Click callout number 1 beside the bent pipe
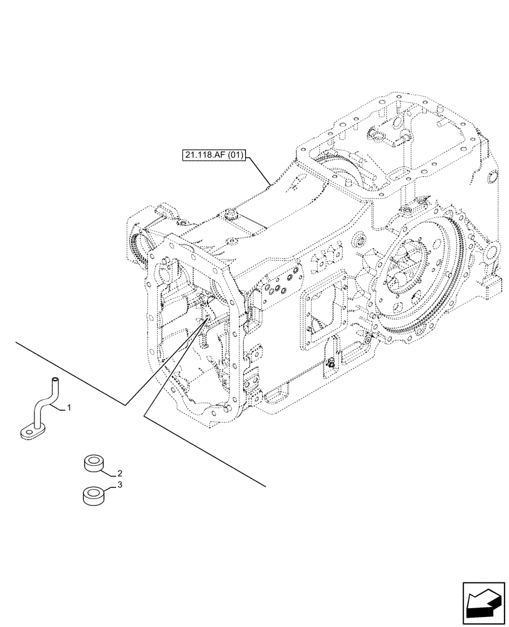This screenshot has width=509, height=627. pyautogui.click(x=69, y=408)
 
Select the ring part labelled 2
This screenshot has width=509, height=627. pyautogui.click(x=93, y=465)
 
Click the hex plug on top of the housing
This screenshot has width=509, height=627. pyautogui.click(x=229, y=214)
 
